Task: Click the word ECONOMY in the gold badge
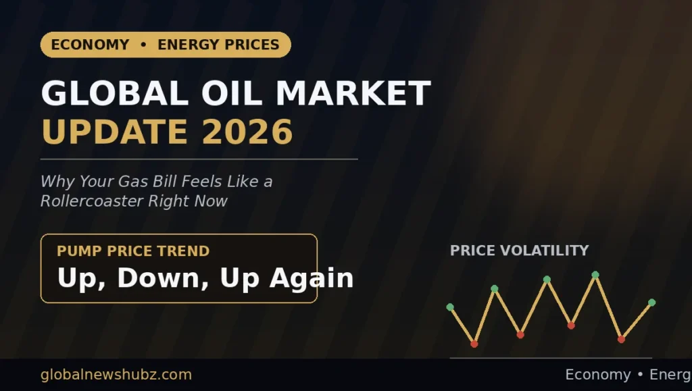coord(90,45)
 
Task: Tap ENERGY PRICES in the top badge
coord(218,45)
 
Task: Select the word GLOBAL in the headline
coord(115,93)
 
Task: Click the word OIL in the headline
coord(232,93)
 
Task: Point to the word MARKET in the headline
coord(353,93)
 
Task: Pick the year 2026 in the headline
coord(247,132)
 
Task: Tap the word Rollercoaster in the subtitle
coord(91,201)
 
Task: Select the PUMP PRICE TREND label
coord(133,251)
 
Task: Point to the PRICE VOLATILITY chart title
coord(520,251)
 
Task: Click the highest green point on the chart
coord(595,275)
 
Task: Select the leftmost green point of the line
coord(450,307)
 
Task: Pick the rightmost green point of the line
coord(652,303)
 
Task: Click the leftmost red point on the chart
coord(474,344)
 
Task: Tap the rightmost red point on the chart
coord(622,340)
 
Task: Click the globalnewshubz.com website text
coord(116,375)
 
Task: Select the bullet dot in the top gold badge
coord(143,45)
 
